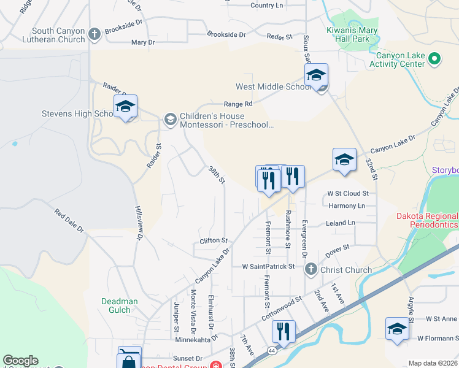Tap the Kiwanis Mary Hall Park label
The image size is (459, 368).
click(352, 33)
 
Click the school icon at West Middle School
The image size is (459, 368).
click(316, 75)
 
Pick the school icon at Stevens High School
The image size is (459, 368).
click(125, 107)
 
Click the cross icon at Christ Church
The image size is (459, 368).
click(312, 269)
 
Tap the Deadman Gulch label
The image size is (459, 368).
click(116, 305)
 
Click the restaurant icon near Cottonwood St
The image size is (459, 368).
click(283, 332)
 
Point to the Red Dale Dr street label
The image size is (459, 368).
click(69, 221)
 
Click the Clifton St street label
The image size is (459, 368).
click(214, 241)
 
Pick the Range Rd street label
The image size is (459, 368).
click(238, 104)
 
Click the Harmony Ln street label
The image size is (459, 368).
click(347, 205)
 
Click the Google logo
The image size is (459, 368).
click(21, 361)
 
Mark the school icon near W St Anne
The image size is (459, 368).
click(397, 329)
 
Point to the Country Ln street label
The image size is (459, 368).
click(267, 6)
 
